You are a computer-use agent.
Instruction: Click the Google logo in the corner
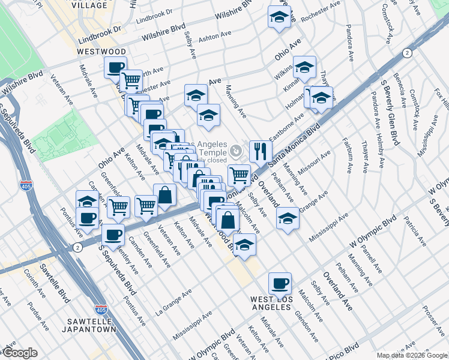click(x=19, y=353)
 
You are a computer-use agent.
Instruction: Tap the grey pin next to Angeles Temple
click(x=238, y=149)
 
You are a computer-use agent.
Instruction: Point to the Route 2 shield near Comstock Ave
click(x=408, y=53)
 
